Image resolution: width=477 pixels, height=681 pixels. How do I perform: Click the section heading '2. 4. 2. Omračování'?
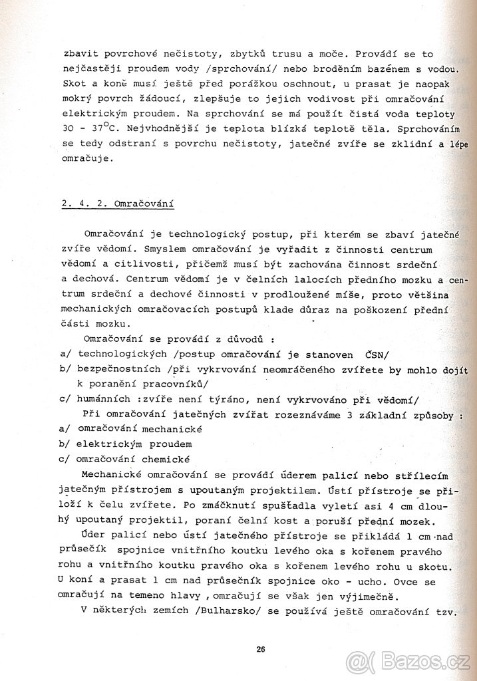click(x=116, y=204)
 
